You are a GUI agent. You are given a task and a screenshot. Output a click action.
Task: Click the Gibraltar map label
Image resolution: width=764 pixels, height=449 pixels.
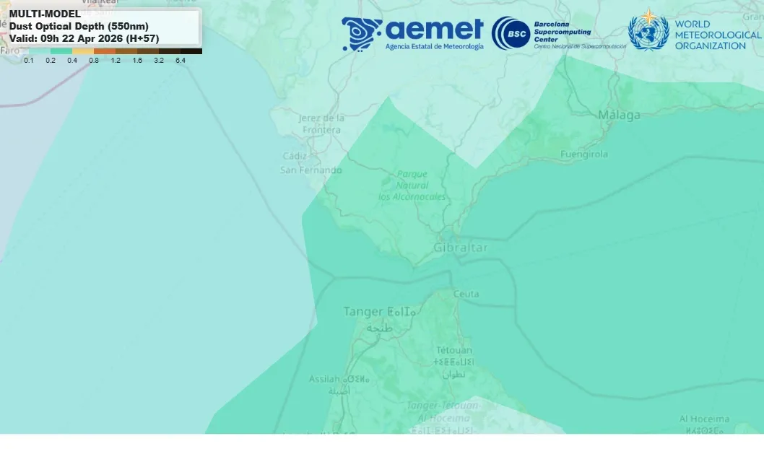460,248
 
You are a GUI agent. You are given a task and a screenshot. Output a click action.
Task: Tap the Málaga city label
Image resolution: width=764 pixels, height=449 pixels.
619,115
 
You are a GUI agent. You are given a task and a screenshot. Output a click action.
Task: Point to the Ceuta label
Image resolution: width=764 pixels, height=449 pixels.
466,294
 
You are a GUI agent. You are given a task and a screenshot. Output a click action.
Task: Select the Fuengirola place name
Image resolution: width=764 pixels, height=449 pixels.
583,154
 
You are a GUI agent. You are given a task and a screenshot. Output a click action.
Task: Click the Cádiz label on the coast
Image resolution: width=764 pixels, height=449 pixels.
295,156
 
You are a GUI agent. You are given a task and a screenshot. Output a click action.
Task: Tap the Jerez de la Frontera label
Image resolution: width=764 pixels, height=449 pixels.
321,123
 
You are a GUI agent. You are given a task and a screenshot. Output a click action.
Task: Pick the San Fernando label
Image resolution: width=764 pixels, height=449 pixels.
311,170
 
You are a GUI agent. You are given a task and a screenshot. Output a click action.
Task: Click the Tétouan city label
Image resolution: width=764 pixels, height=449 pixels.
453,350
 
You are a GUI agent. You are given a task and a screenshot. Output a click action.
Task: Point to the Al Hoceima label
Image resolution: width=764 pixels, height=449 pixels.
704,419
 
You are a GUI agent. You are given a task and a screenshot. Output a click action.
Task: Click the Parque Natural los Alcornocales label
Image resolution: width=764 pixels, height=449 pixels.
412,186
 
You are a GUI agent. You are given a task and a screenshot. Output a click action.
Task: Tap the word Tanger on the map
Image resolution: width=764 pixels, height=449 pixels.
363,312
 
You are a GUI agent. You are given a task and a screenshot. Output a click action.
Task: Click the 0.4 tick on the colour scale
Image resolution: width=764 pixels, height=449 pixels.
72,61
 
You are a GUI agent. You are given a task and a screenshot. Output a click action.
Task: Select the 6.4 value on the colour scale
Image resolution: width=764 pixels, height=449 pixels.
180,61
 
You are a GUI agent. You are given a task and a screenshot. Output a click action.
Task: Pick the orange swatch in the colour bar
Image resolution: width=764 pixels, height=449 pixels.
105,51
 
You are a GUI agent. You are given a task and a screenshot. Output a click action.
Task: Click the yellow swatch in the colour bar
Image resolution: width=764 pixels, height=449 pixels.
83,51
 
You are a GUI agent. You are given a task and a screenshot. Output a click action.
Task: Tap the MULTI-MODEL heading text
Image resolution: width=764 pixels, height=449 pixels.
45,14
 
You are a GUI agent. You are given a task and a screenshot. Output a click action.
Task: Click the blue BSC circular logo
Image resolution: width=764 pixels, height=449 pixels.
511,33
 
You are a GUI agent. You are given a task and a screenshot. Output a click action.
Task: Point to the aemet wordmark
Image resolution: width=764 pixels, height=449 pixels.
434,29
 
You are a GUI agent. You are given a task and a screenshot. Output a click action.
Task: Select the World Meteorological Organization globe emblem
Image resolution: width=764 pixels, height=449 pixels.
648,32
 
